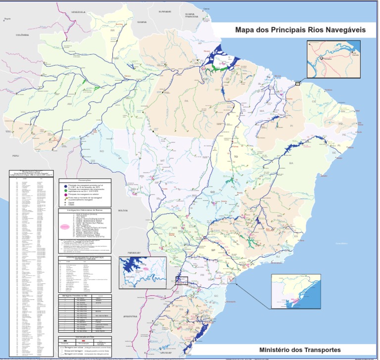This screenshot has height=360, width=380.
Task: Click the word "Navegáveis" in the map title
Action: pyautogui.click(x=343, y=30)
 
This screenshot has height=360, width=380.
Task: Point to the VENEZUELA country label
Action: pyautogui.click(x=79, y=11)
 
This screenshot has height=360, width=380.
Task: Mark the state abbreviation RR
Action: pyautogui.click(x=112, y=31)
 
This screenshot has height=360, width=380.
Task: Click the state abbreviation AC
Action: pyautogui.click(x=21, y=128)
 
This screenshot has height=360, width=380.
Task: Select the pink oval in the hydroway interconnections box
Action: pyautogui.click(x=64, y=226)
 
